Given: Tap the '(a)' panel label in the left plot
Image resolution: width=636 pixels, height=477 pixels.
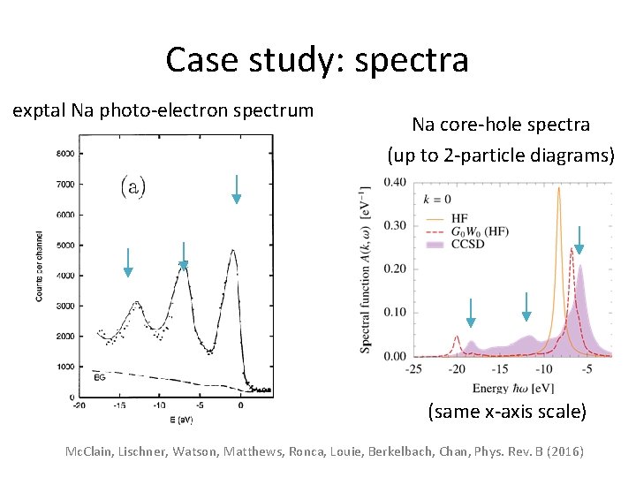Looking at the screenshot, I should (132, 185).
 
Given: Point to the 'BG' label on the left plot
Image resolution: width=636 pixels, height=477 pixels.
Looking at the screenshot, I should (100, 377).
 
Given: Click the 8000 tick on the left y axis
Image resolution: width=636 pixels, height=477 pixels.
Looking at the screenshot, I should (64, 154).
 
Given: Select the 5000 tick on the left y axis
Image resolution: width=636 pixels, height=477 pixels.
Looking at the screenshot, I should (64, 245).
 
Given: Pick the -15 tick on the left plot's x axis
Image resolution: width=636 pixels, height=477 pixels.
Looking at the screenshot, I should (118, 405).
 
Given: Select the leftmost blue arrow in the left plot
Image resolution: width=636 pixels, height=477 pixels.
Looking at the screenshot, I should (128, 262).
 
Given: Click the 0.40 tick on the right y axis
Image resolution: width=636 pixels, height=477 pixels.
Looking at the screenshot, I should (394, 183).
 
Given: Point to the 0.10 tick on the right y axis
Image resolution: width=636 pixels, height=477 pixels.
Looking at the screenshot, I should (394, 313).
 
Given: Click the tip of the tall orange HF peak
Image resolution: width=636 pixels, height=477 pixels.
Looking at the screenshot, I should (558, 187).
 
